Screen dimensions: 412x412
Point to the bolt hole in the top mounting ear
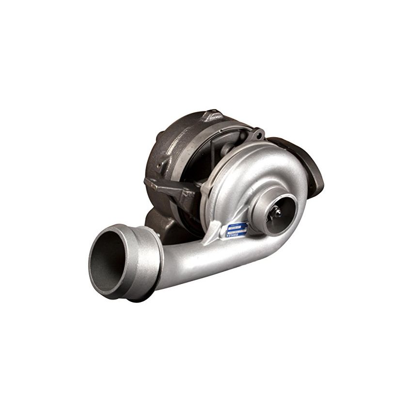point(260,131)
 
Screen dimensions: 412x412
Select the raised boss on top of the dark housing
point(209,116)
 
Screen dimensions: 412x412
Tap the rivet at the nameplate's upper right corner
point(247,223)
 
